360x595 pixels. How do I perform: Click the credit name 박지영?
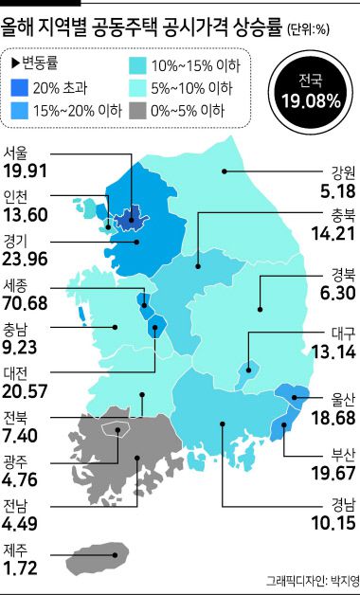(x=339, y=581)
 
